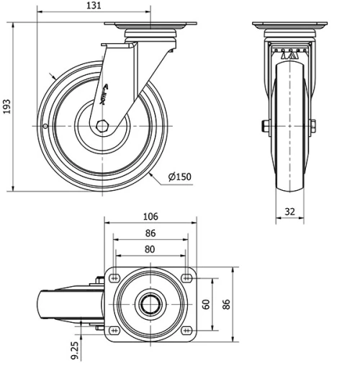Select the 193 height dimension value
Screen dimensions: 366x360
click(7, 107)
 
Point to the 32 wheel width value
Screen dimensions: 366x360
click(289, 212)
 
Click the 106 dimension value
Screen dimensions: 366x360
click(150, 217)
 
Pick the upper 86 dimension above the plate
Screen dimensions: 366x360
click(150, 233)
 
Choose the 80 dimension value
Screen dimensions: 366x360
click(150, 249)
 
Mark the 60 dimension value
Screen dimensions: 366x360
click(206, 304)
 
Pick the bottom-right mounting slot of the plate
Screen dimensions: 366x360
click(187, 331)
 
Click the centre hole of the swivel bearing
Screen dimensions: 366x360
click(151, 304)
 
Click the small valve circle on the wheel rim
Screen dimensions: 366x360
click(45, 128)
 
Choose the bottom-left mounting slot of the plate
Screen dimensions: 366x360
click(114, 331)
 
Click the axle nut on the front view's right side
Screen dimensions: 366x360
click(313, 127)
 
